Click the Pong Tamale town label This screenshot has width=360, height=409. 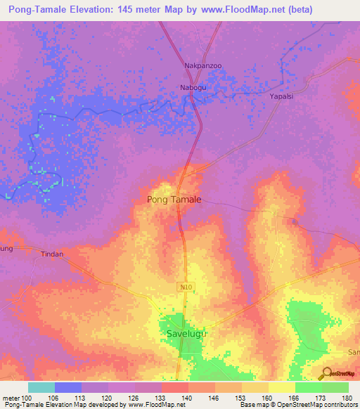174,200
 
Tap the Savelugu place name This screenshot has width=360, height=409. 188,333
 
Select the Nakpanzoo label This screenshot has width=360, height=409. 203,66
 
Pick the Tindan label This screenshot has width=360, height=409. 52,254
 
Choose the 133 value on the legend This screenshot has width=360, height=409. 160,398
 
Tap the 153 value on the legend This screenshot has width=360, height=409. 240,398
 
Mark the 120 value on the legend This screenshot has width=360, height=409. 108,398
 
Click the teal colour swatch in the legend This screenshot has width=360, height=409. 41,387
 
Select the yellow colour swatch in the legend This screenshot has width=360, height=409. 281,387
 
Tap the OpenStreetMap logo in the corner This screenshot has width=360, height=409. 340,373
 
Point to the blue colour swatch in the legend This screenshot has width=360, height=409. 67,387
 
